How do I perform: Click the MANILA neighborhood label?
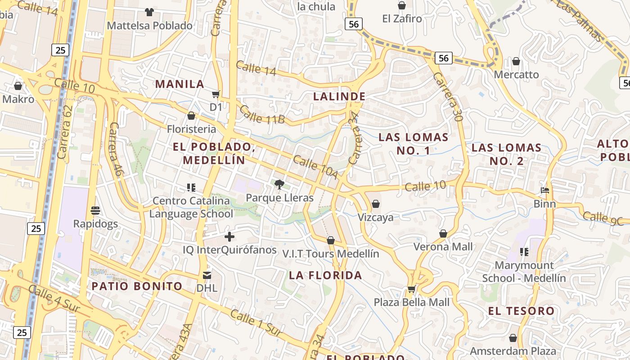(180, 84)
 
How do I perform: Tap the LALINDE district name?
(339, 96)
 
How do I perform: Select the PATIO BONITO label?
(137, 286)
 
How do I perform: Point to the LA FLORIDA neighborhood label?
(325, 275)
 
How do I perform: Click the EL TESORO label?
(522, 311)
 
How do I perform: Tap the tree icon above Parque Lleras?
(279, 184)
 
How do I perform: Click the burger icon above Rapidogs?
(95, 210)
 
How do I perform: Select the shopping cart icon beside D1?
(216, 94)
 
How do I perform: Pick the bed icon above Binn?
(545, 190)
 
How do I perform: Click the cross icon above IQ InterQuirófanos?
(229, 236)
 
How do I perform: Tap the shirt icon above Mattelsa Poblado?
(149, 12)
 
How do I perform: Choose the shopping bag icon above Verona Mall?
(443, 234)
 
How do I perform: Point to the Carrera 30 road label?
(448, 97)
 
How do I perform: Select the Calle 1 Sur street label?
(256, 323)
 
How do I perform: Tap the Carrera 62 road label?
(65, 132)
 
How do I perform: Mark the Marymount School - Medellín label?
(524, 272)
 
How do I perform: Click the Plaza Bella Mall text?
(412, 302)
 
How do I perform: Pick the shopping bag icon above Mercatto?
(516, 61)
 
